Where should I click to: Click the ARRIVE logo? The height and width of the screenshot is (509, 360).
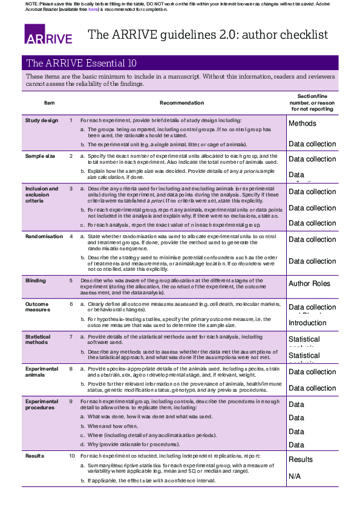pos(48,34)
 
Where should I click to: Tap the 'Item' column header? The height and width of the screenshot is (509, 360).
pos(50,103)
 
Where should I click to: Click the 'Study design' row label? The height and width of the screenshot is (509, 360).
pos(42,120)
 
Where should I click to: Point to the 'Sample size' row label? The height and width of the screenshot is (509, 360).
pos(40,156)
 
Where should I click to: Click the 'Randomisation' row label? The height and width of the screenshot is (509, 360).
pos(44,236)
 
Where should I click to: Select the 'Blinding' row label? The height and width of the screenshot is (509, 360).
pos(36,280)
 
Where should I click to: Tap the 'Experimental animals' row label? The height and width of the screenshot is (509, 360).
pos(42,371)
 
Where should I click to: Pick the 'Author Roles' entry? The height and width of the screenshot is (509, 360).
pos(309,284)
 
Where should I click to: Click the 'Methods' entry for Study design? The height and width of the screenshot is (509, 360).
pos(303,123)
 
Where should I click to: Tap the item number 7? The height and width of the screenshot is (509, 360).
pos(71,336)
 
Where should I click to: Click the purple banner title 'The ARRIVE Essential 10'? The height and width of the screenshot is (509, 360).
pos(82,63)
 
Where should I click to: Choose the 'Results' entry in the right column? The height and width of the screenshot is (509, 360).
pos(301,460)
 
